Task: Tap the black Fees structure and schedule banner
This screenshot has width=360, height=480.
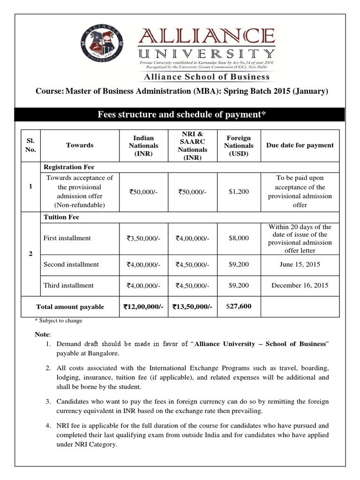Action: click(180, 114)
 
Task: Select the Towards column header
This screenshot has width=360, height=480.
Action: click(80, 145)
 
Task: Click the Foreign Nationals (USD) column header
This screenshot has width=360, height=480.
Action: click(239, 145)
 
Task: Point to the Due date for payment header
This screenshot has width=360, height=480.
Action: click(300, 145)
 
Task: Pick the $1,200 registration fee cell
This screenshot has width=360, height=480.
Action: click(239, 191)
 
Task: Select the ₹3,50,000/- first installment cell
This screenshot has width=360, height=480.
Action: click(143, 239)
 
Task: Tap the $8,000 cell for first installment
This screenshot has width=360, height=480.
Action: click(239, 238)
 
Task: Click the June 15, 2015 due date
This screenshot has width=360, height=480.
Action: click(300, 264)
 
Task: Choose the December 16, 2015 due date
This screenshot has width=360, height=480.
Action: click(300, 285)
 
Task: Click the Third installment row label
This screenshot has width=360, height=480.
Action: click(68, 285)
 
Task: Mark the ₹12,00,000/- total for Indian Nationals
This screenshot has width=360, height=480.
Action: click(143, 307)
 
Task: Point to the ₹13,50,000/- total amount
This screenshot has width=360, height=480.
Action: click(192, 307)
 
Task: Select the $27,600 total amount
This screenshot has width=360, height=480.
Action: click(239, 307)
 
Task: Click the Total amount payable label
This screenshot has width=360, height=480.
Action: click(70, 307)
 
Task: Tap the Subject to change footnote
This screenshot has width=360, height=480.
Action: click(59, 321)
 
